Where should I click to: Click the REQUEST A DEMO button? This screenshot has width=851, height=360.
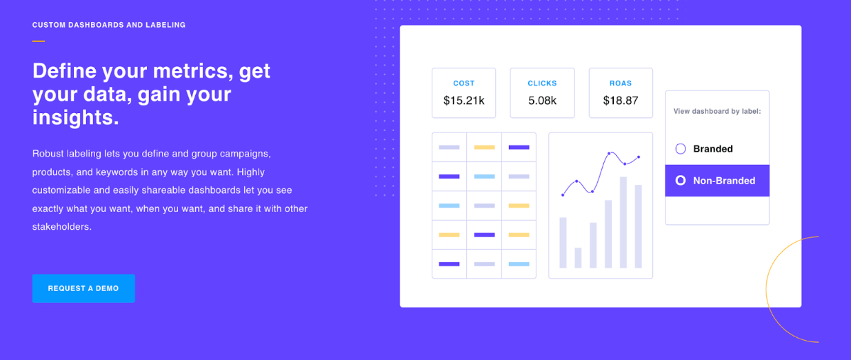pyautogui.click(x=83, y=288)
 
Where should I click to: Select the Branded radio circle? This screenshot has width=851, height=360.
pyautogui.click(x=681, y=149)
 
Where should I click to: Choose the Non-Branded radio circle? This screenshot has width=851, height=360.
pyautogui.click(x=681, y=181)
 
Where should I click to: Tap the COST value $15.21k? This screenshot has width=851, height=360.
pyautogui.click(x=464, y=101)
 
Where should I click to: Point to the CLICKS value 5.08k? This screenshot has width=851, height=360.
pyautogui.click(x=542, y=101)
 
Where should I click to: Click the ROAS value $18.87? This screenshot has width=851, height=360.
pyautogui.click(x=621, y=101)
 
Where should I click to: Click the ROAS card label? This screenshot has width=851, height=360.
pyautogui.click(x=621, y=83)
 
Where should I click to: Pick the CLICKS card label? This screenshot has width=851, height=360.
pyautogui.click(x=542, y=83)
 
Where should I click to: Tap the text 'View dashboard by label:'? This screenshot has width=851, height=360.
pyautogui.click(x=717, y=111)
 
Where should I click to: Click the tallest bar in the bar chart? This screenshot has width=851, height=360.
pyautogui.click(x=623, y=223)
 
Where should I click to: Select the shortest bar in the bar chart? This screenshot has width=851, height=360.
pyautogui.click(x=578, y=258)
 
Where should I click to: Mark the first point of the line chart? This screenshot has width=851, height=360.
pyautogui.click(x=563, y=195)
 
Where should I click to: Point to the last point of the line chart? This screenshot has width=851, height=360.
pyautogui.click(x=639, y=157)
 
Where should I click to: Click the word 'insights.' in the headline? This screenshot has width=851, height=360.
pyautogui.click(x=76, y=117)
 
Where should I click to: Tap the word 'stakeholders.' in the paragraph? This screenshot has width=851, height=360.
pyautogui.click(x=62, y=227)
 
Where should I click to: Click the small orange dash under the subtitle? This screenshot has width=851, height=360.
pyautogui.click(x=39, y=41)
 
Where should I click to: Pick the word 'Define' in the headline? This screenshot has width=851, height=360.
pyautogui.click(x=65, y=71)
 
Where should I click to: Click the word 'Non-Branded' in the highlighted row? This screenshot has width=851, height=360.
pyautogui.click(x=724, y=181)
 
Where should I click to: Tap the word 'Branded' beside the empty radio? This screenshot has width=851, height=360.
pyautogui.click(x=713, y=149)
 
